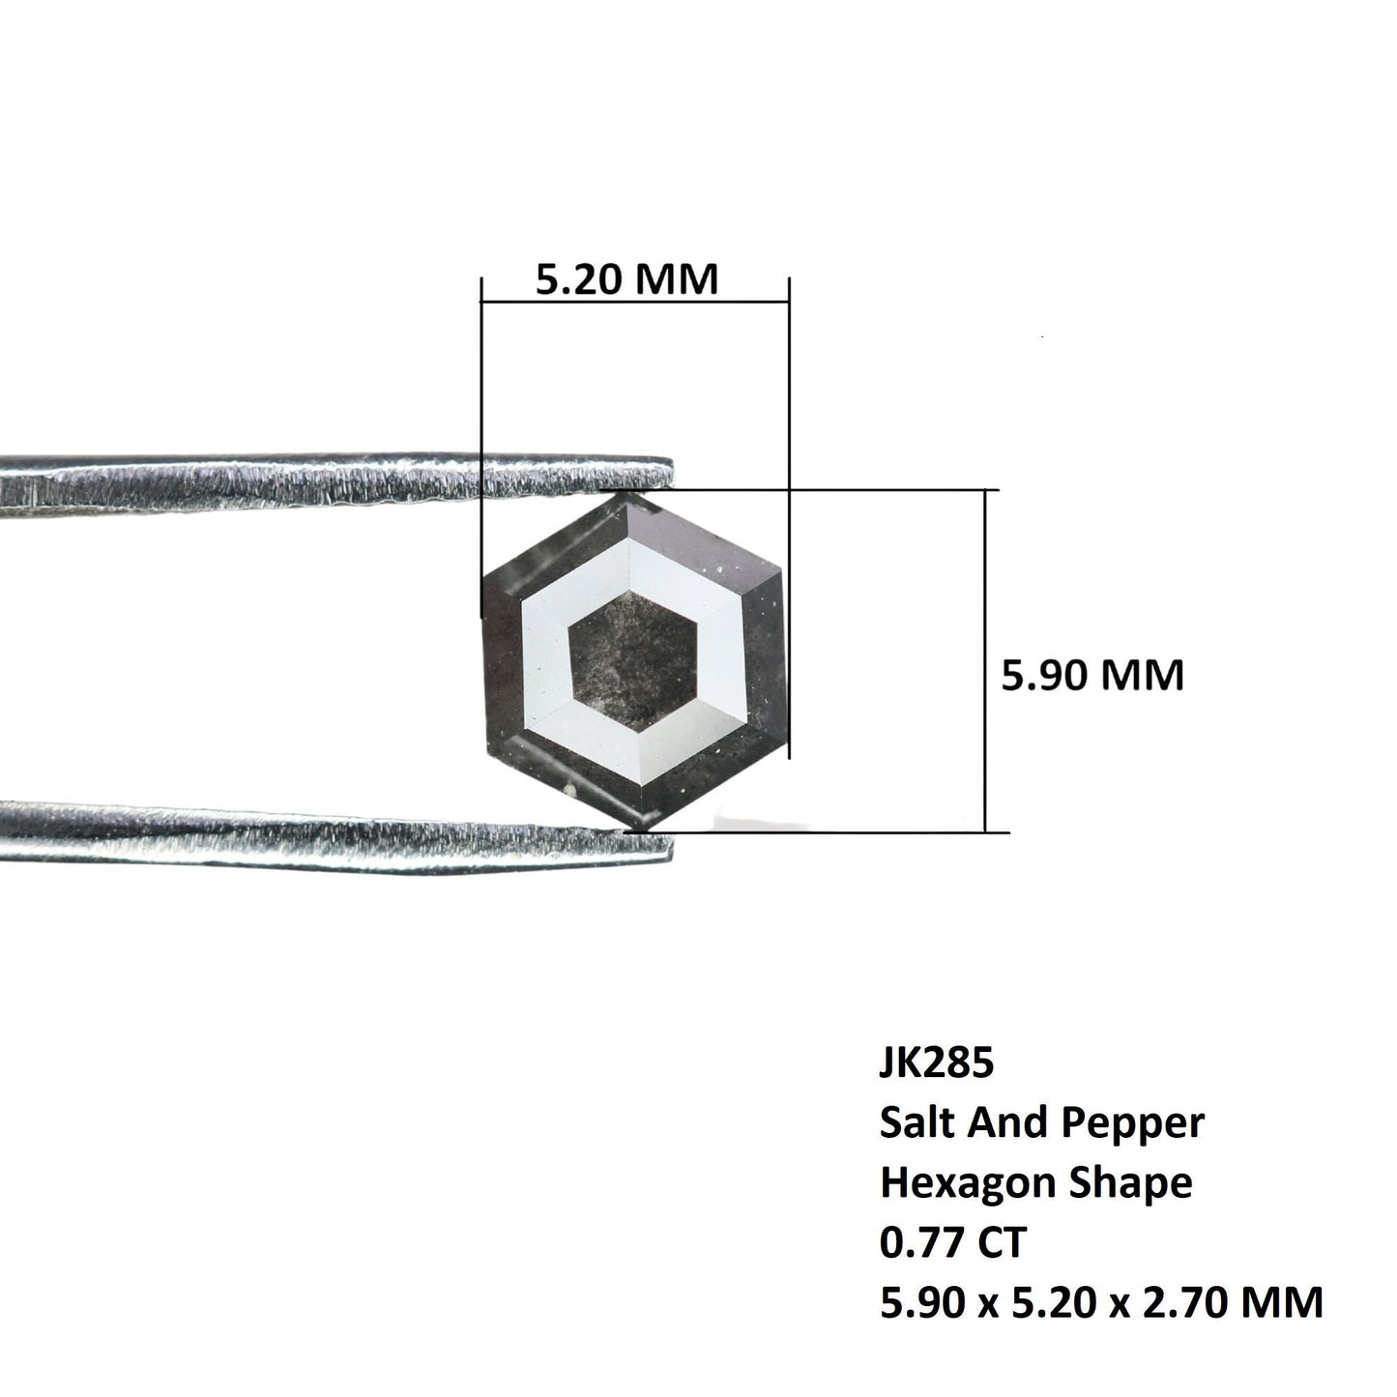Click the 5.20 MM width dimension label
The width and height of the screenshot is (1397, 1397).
tap(627, 279)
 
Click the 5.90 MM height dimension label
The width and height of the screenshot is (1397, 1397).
tap(1092, 675)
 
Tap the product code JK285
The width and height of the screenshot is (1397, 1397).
tap(936, 1063)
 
